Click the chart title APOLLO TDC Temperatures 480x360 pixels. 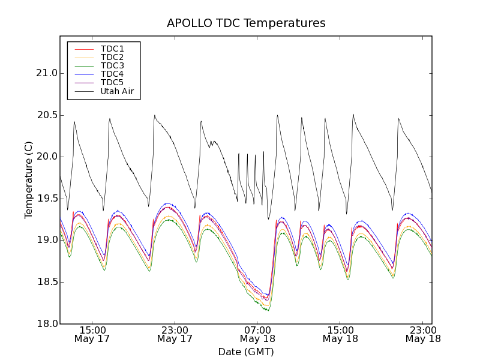coord(246,23)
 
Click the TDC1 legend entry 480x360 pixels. coord(112,49)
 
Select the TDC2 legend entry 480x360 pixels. coord(112,57)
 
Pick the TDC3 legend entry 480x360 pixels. coord(112,65)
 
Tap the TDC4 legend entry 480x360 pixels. coord(112,74)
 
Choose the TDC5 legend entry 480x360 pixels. coord(112,82)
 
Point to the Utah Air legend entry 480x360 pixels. coord(116,91)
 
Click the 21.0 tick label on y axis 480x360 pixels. coord(46,73)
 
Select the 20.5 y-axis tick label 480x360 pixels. coord(46,115)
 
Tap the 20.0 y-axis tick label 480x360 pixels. coord(46,157)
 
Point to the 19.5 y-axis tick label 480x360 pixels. coord(46,199)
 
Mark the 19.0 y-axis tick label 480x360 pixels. coord(46,240)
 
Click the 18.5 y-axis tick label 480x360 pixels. coord(46,282)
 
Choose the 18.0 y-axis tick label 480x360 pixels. coord(46,323)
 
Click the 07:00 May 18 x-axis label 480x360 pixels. coord(257,334)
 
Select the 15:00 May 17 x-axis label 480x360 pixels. coord(92,334)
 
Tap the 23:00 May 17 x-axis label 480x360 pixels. coord(175,334)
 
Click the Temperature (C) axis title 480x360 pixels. coord(29,180)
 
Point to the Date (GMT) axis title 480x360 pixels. coord(246,352)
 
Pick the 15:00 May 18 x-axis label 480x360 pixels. coord(340,334)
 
